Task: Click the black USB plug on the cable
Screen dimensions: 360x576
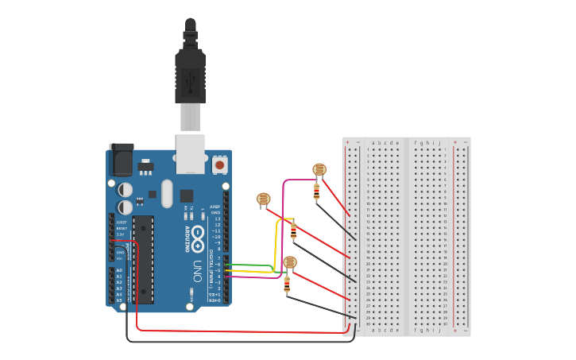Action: [x=191, y=75]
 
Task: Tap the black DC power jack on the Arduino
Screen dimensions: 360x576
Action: [x=121, y=161]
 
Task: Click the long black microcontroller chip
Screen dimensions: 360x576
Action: [x=143, y=258]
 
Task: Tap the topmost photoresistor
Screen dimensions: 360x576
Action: [x=319, y=169]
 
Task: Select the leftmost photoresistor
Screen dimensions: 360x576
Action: [x=264, y=199]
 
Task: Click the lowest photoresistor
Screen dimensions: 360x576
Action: [x=290, y=261]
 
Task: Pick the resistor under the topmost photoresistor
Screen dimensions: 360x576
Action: [x=317, y=192]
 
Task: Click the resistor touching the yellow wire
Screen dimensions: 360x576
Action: [x=293, y=231]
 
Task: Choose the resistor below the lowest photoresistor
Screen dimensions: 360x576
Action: [x=287, y=285]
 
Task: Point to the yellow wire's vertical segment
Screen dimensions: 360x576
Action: [x=276, y=242]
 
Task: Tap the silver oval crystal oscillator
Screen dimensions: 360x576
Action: [x=166, y=193]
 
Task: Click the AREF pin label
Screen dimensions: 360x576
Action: [x=215, y=207]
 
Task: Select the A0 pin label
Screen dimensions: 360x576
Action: [x=119, y=270]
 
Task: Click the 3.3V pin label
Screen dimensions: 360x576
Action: [x=120, y=234]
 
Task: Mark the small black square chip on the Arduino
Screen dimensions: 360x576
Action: [x=186, y=195]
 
